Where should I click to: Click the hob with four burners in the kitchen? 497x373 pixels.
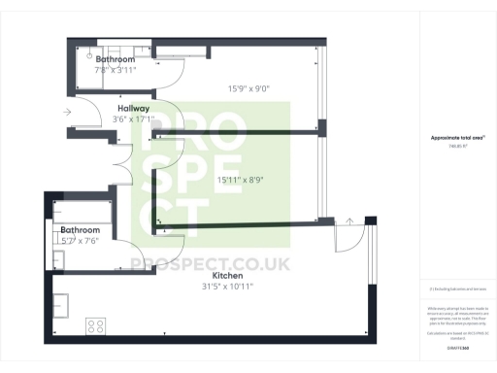pos(96,324)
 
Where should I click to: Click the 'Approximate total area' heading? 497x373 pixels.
pos(457,138)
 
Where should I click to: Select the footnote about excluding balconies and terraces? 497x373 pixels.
pos(457,289)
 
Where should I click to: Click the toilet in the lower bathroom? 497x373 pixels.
pos(58,259)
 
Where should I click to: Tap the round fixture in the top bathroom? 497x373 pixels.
pos(86,57)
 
